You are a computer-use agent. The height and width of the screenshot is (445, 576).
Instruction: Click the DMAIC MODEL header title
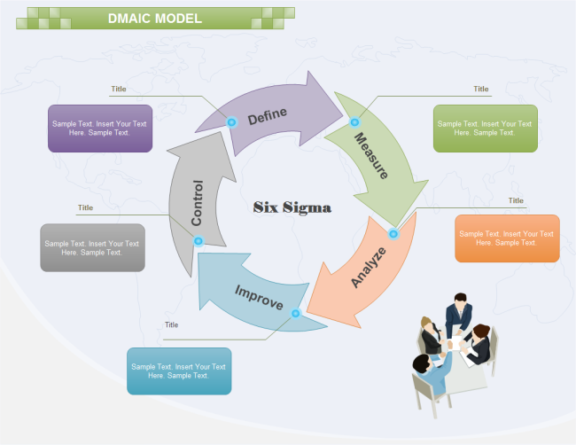click(155, 18)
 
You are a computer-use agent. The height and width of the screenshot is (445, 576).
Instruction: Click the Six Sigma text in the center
click(292, 207)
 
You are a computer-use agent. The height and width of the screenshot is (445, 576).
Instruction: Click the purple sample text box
click(100, 129)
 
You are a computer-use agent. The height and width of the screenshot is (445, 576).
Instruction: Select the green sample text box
click(485, 129)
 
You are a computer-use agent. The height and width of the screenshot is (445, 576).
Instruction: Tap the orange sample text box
click(507, 238)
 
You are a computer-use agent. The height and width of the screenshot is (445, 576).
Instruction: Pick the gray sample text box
click(92, 247)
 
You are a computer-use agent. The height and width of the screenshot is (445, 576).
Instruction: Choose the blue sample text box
click(178, 371)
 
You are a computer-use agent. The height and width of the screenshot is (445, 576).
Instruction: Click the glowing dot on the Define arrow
click(232, 122)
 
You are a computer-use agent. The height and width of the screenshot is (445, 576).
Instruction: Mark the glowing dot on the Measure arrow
click(354, 122)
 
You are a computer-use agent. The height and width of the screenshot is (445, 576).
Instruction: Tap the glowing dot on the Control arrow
click(198, 240)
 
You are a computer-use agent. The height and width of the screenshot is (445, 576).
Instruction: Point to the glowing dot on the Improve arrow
click(296, 313)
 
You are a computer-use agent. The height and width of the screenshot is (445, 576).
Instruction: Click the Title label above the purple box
click(119, 89)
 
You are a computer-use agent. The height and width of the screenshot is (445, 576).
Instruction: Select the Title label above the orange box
click(516, 200)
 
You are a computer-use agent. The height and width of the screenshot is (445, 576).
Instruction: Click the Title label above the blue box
click(171, 324)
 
